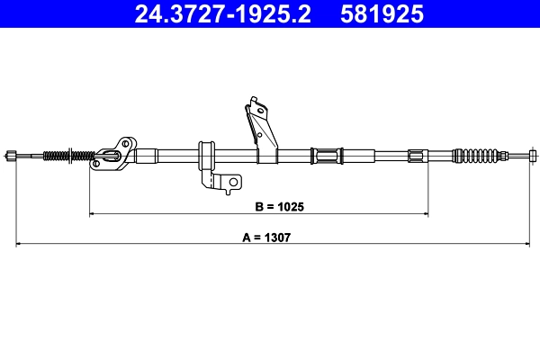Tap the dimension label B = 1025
tap(280, 206)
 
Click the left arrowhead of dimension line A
tap(20, 244)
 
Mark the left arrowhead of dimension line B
tap(93, 213)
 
